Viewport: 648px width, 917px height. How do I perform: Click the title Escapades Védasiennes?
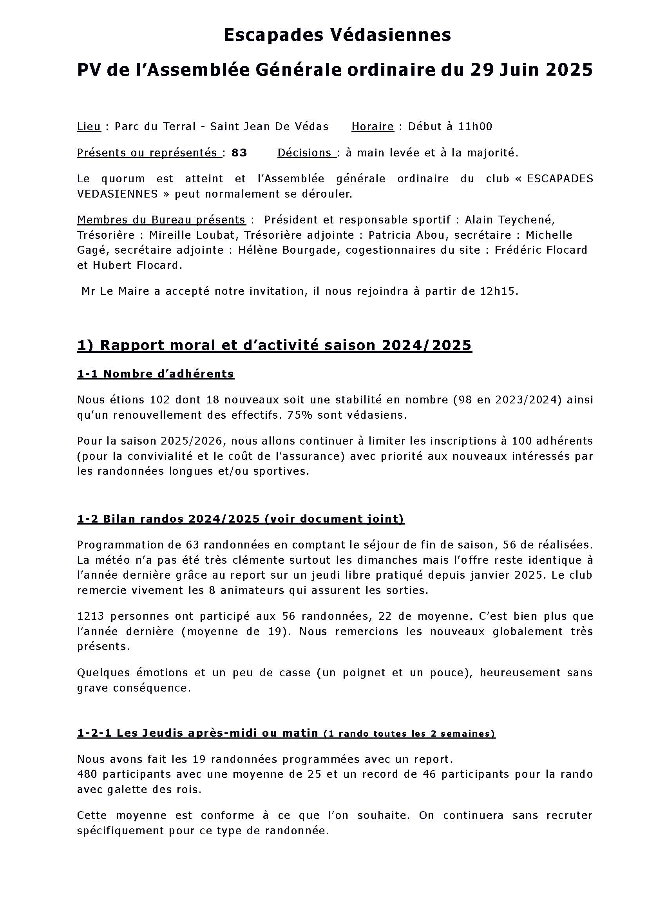pyautogui.click(x=337, y=35)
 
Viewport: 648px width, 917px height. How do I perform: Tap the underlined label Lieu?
pyautogui.click(x=89, y=127)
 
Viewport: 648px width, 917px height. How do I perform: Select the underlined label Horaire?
pyautogui.click(x=372, y=127)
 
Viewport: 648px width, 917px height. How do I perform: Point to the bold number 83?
pyautogui.click(x=239, y=153)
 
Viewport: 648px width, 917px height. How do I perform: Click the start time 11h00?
pyautogui.click(x=475, y=127)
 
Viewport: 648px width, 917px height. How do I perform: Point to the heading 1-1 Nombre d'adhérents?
pyautogui.click(x=156, y=374)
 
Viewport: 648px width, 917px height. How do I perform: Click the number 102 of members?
pyautogui.click(x=160, y=400)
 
